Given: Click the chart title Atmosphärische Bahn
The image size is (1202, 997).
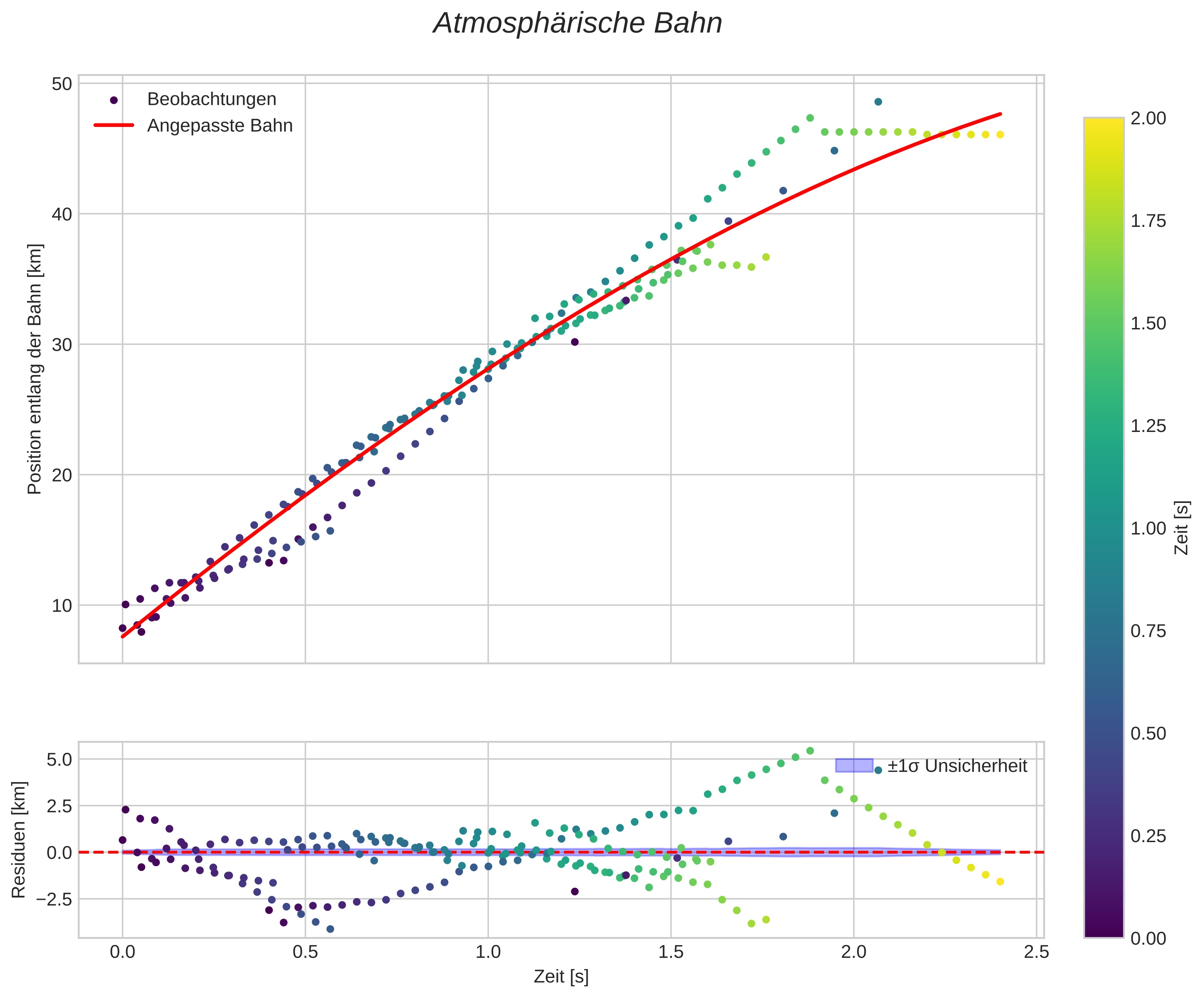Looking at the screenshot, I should click(x=577, y=24).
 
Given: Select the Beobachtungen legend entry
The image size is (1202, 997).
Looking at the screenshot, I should click(x=211, y=99).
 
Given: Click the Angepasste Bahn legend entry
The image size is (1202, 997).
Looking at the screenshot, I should click(x=219, y=126).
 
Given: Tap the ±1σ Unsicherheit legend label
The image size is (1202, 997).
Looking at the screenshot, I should click(x=957, y=766).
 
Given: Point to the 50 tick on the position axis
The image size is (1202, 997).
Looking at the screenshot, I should click(x=62, y=84).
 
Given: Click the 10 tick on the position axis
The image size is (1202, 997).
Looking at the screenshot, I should click(x=62, y=605).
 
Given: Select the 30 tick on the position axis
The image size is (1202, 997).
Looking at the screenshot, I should click(x=62, y=344).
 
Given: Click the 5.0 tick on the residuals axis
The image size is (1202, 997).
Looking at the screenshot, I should click(x=59, y=760).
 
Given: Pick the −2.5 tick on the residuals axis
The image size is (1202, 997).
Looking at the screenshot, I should click(x=55, y=899).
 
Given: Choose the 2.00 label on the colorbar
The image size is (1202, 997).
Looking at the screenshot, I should click(x=1148, y=119).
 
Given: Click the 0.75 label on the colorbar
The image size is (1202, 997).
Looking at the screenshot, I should click(x=1148, y=631).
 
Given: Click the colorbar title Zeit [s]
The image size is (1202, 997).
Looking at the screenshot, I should click(x=1182, y=528).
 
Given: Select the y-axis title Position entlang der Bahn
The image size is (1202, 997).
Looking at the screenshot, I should click(x=36, y=369).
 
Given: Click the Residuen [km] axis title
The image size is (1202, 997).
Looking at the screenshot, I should click(x=19, y=839).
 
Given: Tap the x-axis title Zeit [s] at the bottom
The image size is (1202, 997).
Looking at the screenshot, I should click(x=561, y=977).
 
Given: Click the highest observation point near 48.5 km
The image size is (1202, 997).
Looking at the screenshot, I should click(x=878, y=102).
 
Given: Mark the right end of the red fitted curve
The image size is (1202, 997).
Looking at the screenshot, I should click(x=1000, y=114).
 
